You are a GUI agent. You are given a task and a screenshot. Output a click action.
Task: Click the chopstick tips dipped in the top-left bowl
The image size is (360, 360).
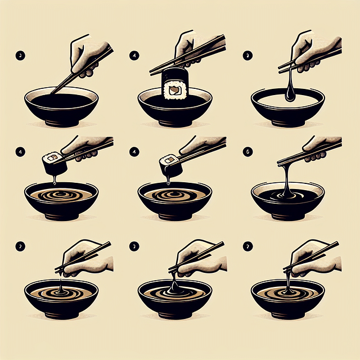(x=54, y=92)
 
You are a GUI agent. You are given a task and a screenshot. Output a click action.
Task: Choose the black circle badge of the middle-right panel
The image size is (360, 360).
(x=247, y=151)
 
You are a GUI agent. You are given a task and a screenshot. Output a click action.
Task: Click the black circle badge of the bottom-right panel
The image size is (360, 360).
(x=247, y=246)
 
